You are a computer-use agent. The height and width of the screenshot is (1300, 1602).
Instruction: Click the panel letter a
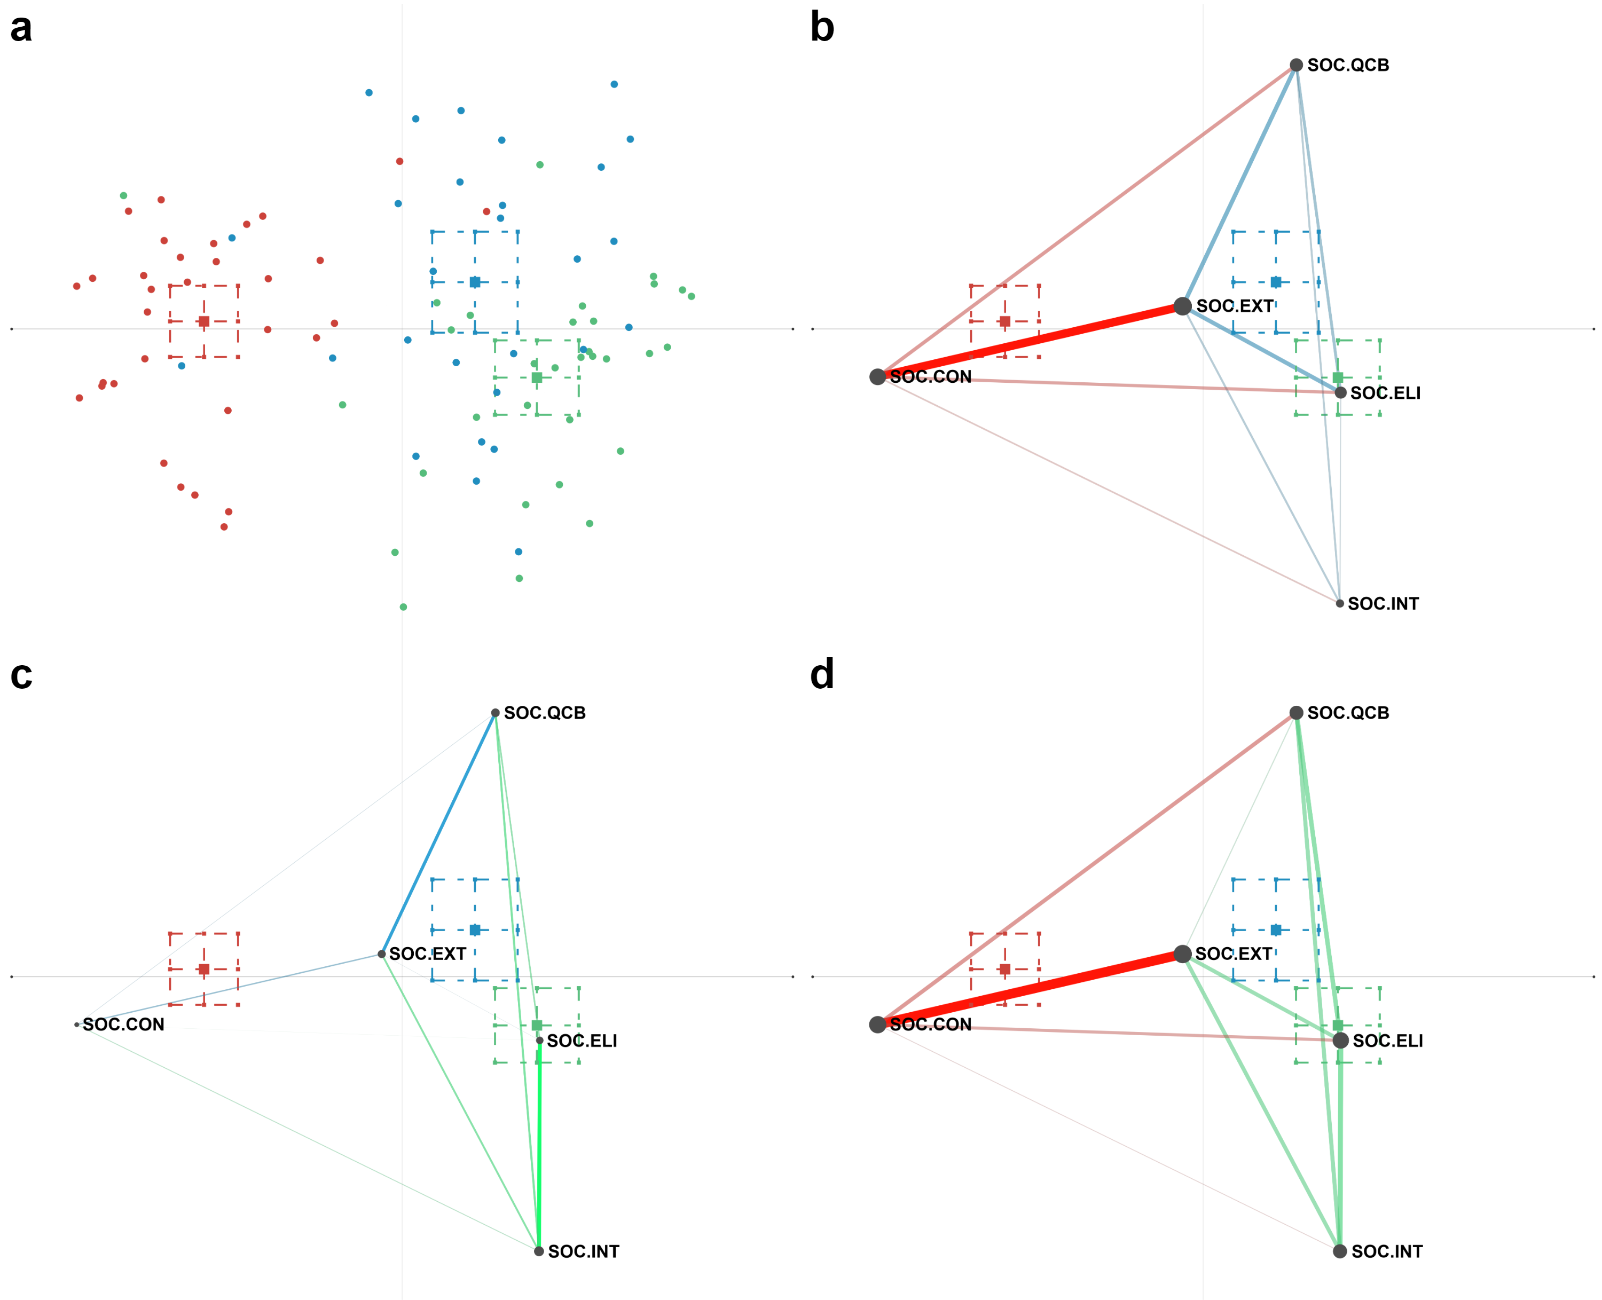click(x=21, y=28)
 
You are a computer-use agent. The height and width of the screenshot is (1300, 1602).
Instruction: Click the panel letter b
click(x=822, y=28)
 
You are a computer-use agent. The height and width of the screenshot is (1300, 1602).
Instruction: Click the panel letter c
click(x=21, y=675)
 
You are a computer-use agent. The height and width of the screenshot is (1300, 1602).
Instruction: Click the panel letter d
click(x=822, y=675)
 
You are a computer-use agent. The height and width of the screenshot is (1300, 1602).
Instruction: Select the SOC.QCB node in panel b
click(x=1295, y=65)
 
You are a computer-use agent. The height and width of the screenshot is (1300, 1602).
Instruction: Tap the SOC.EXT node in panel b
click(x=1182, y=305)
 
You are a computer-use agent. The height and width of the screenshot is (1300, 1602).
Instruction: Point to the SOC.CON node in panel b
click(x=877, y=377)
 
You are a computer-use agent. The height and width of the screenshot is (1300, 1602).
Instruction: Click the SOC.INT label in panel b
click(x=1383, y=604)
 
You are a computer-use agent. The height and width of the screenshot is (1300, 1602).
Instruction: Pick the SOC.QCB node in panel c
click(x=495, y=713)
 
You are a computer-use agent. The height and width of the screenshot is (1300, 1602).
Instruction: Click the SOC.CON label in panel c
click(x=123, y=1025)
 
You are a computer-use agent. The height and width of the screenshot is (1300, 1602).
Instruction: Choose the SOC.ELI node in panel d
click(x=1340, y=1040)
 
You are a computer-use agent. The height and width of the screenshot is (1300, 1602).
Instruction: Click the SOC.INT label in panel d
click(x=1386, y=1251)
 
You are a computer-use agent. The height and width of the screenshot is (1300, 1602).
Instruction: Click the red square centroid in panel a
click(x=203, y=321)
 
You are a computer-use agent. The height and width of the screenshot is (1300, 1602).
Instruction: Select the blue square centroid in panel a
click(x=475, y=282)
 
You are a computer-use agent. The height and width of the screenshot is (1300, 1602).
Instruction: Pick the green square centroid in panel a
click(x=536, y=377)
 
